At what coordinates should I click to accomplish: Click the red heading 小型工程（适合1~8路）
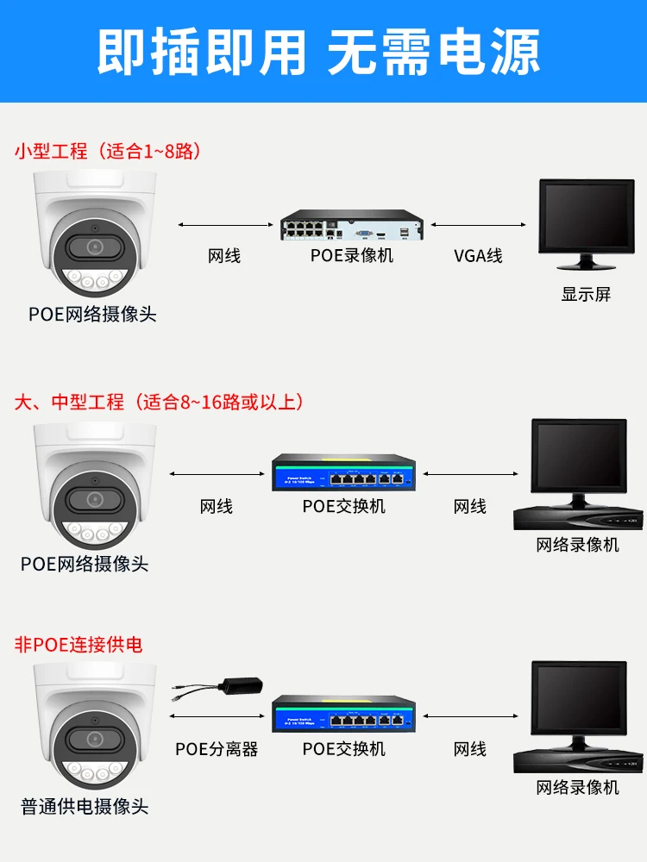(x=108, y=152)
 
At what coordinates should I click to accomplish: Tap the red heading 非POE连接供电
(x=79, y=644)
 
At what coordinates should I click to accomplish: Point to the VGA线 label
(x=478, y=255)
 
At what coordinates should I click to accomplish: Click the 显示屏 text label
(x=586, y=294)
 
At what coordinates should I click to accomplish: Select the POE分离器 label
(x=217, y=749)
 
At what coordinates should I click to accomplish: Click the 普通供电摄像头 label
(x=85, y=808)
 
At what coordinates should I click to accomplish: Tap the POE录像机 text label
(x=351, y=255)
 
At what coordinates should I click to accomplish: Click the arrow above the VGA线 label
(x=478, y=225)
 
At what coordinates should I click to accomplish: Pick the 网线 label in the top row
(x=224, y=255)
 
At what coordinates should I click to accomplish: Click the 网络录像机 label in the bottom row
(x=577, y=787)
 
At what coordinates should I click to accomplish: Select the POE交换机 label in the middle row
(x=343, y=506)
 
